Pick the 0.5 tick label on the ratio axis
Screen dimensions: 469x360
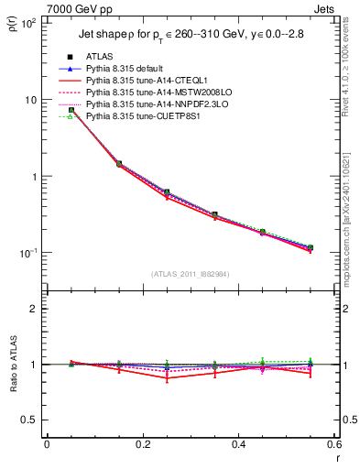[29, 420]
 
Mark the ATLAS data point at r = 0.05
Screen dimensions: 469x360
[71, 110]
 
